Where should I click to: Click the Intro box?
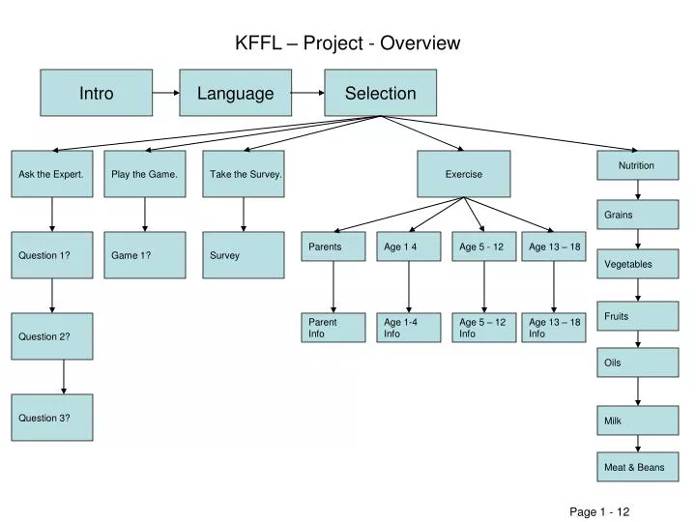(x=96, y=93)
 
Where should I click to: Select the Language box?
(x=236, y=93)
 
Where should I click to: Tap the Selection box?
(x=380, y=93)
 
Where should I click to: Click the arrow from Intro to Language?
(x=166, y=93)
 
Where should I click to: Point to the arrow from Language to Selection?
(x=307, y=93)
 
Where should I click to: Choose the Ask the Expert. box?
(x=52, y=174)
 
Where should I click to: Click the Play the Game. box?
(x=145, y=174)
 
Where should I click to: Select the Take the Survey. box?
(x=244, y=174)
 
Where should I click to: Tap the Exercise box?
(x=464, y=174)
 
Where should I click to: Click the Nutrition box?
(x=637, y=165)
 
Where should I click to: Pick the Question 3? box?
(x=52, y=418)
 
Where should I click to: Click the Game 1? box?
(x=145, y=255)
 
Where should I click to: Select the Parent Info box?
(x=333, y=328)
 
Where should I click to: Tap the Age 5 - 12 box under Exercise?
(x=482, y=247)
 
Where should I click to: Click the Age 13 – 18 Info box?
(x=554, y=328)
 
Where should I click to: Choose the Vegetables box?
(x=637, y=264)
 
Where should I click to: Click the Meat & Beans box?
(x=637, y=467)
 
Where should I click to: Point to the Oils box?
(x=637, y=362)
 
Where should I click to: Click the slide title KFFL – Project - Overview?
(x=348, y=43)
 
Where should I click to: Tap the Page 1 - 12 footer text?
(x=599, y=511)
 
